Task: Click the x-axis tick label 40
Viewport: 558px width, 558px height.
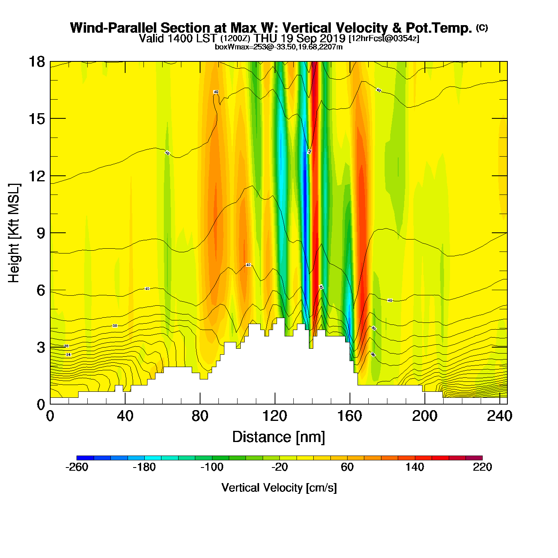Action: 125,417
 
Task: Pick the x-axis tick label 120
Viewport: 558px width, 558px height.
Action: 275,417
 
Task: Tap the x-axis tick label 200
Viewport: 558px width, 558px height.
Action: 424,417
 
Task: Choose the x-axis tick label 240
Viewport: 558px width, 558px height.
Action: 499,417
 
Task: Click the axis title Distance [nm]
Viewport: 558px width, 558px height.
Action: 279,437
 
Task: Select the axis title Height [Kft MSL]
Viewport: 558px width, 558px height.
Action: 14,233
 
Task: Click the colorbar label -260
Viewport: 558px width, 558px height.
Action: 77,467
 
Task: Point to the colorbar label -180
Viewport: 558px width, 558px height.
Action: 144,467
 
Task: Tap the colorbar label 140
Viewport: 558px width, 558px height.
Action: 415,467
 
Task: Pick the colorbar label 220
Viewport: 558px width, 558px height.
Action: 482,467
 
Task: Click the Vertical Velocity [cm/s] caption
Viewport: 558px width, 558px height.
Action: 279,487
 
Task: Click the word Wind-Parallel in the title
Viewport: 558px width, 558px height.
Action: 114,28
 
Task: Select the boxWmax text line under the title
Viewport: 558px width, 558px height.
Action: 279,47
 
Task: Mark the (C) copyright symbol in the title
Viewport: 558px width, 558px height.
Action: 482,28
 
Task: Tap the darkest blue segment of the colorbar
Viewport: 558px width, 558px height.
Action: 85,458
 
